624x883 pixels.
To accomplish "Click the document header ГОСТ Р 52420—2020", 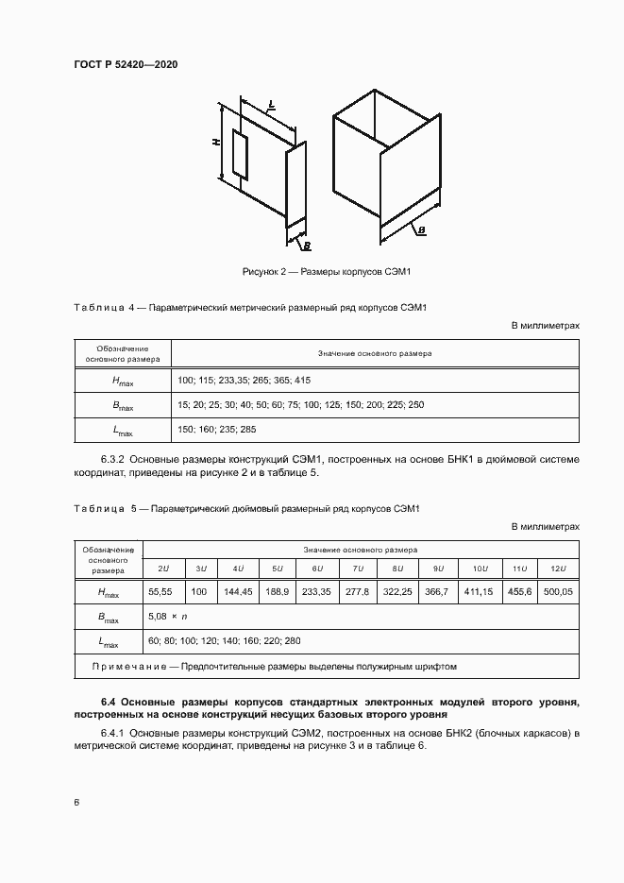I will click(125, 64).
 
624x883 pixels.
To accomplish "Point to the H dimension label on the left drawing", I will click(216, 142).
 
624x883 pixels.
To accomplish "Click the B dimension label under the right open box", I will click(421, 229).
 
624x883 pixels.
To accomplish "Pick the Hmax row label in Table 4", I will click(123, 380).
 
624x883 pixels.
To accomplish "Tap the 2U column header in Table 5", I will click(163, 569).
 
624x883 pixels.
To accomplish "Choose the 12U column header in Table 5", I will click(557, 569).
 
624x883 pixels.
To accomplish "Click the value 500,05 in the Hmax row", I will click(557, 591).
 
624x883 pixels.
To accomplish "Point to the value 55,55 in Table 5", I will click(163, 591).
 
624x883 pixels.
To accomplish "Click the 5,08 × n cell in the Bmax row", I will click(169, 617).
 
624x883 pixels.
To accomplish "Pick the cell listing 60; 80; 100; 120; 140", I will click(225, 641).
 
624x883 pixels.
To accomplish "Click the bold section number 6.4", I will click(109, 703).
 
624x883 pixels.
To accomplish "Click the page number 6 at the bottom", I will click(76, 803).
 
